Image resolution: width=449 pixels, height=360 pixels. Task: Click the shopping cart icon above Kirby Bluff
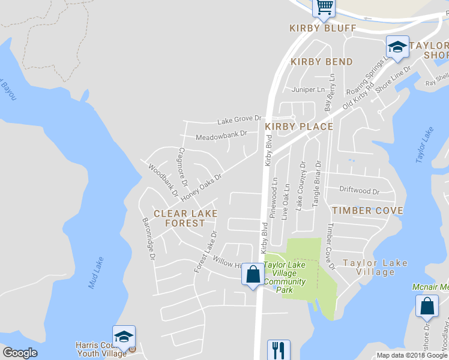[324, 7]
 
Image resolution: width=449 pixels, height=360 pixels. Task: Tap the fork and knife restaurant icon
[279, 349]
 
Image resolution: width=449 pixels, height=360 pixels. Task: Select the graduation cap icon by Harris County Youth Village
[124, 337]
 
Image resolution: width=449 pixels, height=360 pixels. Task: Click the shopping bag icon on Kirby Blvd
[253, 274]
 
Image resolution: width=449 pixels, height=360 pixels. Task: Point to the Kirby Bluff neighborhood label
[322, 28]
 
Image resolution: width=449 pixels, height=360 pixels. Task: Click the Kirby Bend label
[322, 62]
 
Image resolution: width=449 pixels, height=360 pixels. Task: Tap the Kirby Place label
[299, 127]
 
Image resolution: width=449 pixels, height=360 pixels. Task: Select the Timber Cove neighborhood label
[367, 211]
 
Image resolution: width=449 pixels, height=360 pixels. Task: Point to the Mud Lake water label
[96, 272]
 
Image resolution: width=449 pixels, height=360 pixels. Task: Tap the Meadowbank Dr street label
[221, 136]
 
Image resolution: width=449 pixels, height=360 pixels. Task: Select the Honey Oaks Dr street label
[202, 187]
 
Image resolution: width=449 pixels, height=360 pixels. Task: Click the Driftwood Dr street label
[359, 191]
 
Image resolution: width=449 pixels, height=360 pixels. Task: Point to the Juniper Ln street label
[307, 90]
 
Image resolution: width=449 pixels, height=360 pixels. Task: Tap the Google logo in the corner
[20, 353]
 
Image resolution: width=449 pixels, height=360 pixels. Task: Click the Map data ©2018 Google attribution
[412, 355]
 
